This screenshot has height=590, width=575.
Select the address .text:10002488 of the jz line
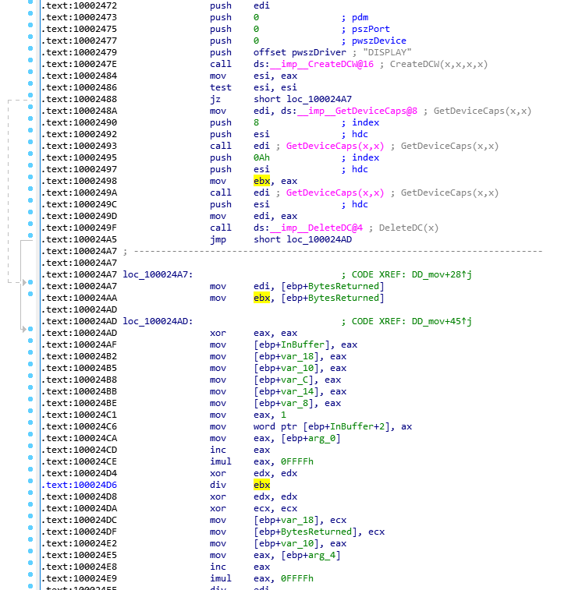[x=80, y=99]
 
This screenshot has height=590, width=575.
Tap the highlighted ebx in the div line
[x=261, y=485]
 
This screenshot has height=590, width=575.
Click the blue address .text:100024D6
[x=80, y=485]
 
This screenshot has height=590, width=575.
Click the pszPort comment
[x=365, y=29]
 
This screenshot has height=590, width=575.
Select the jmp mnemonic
[x=218, y=239]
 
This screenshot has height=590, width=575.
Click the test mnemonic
[x=221, y=87]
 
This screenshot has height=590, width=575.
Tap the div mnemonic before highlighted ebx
[x=218, y=485]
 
